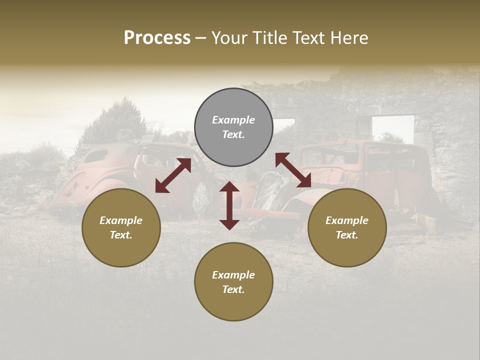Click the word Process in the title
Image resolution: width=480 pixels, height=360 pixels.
[157, 38]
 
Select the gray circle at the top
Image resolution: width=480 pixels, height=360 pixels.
[233, 127]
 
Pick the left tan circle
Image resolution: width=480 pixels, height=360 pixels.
[121, 227]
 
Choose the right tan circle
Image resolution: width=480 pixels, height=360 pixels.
[347, 227]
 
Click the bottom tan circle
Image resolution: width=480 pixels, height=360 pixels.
[233, 282]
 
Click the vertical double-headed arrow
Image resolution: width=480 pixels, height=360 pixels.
[229, 205]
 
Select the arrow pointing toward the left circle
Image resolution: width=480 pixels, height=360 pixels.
[173, 175]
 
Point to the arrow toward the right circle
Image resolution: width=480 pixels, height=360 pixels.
[293, 170]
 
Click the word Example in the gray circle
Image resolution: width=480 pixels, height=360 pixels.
[233, 120]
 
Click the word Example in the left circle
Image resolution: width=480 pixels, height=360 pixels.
[121, 220]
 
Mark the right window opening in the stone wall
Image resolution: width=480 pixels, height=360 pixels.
[392, 129]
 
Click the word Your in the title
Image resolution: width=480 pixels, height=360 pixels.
[228, 38]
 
